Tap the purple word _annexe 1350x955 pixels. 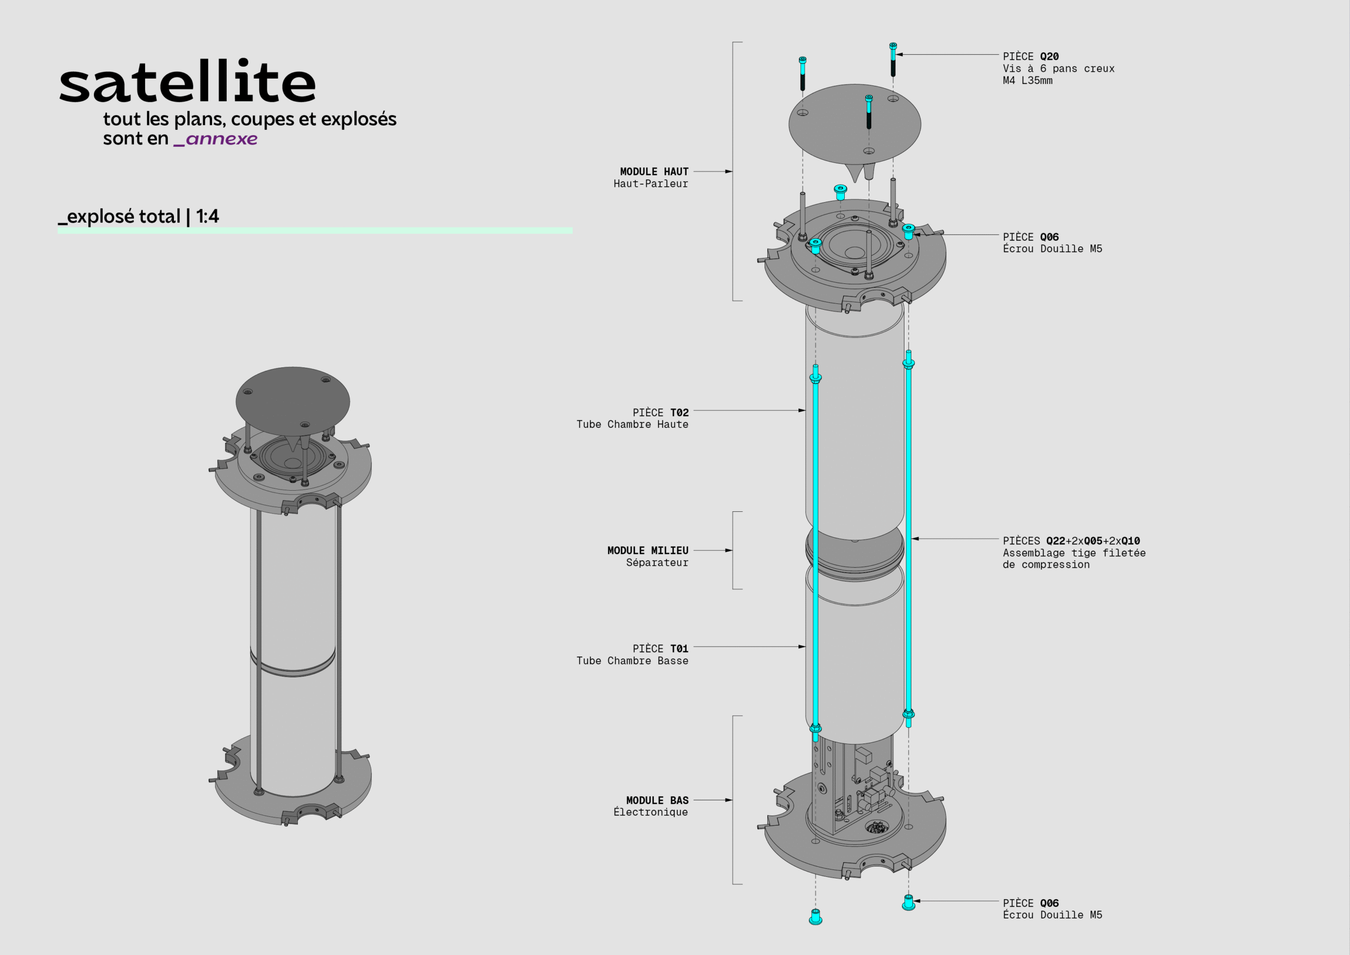[216, 139]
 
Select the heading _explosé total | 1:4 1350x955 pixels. [139, 216]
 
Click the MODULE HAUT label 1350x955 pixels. [654, 172]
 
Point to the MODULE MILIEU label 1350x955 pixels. [648, 551]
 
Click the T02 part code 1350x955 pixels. [679, 413]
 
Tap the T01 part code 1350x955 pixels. [679, 649]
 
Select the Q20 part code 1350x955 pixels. [1049, 56]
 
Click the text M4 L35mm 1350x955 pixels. [1027, 81]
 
